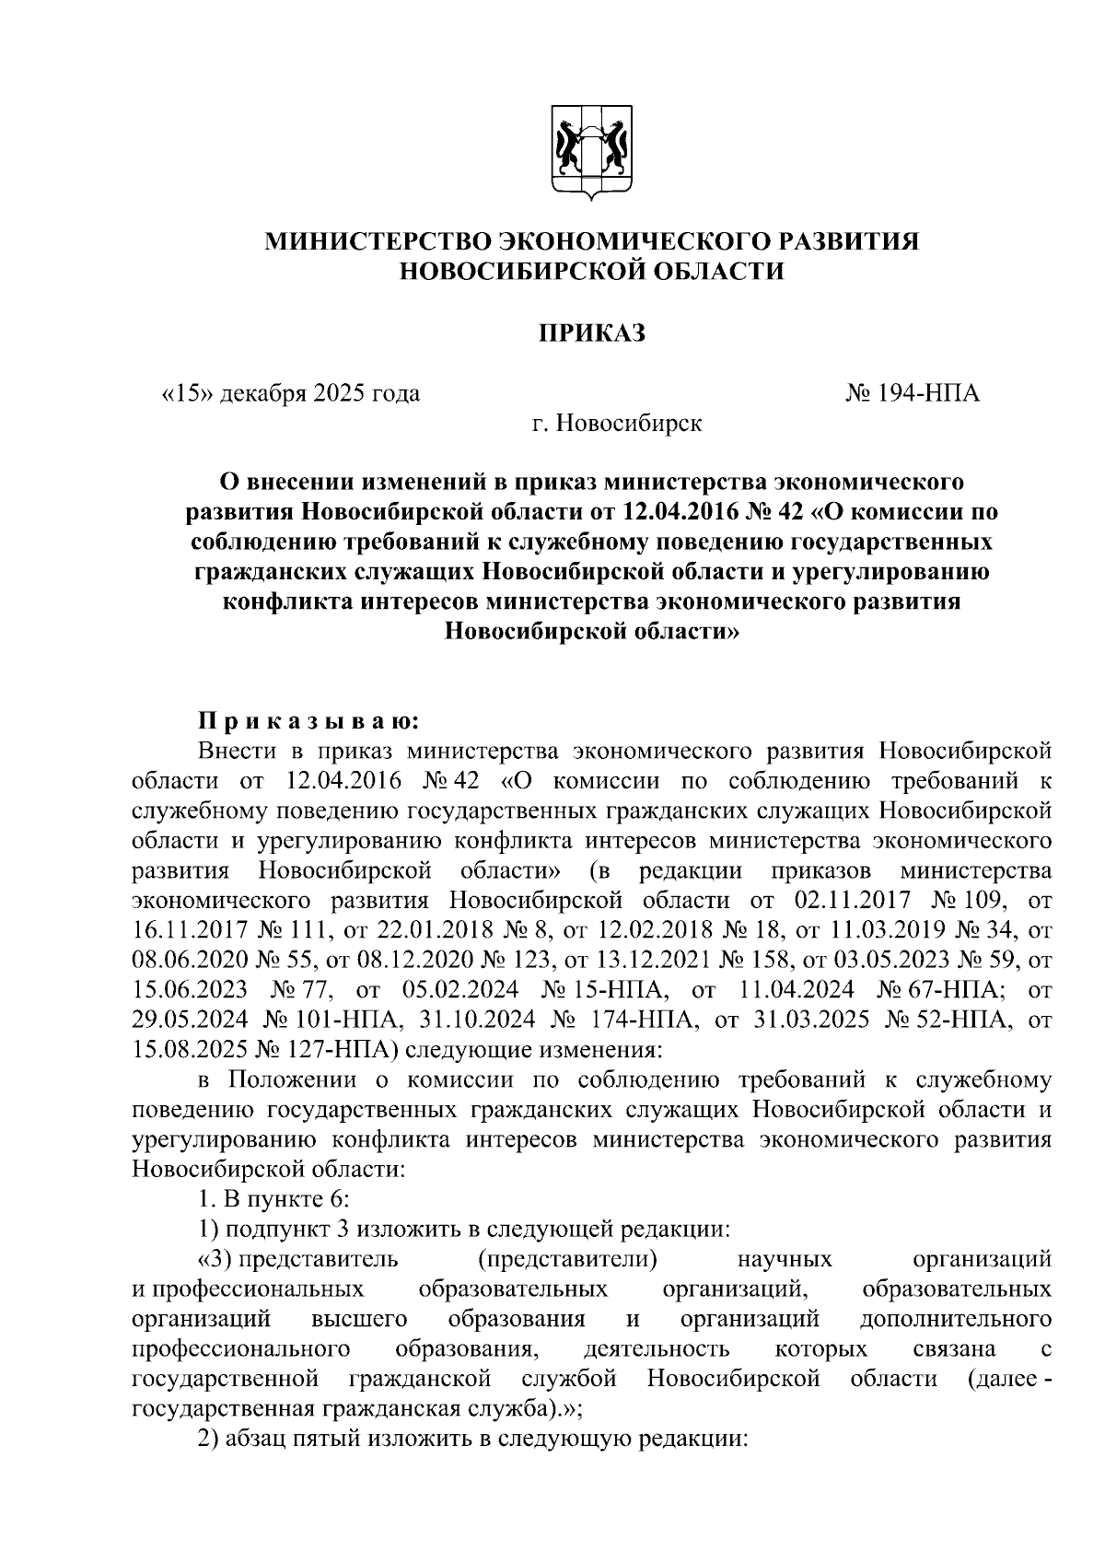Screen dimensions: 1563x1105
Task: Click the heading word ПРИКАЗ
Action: coord(592,332)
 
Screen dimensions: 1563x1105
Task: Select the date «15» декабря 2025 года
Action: coord(291,394)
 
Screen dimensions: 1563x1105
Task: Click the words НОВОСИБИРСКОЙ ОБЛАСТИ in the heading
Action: coord(592,272)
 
